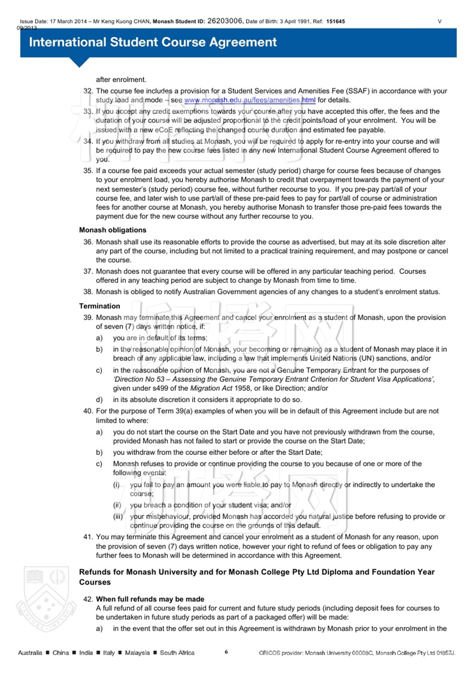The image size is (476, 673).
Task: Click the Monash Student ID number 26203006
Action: pos(224,21)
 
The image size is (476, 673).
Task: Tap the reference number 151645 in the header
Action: pos(335,21)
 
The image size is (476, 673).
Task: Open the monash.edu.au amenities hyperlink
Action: pos(250,100)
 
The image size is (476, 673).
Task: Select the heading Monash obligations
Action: pos(113,230)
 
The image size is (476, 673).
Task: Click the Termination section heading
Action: pos(100,306)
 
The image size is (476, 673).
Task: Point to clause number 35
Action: pos(88,171)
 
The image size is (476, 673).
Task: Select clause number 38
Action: pos(88,292)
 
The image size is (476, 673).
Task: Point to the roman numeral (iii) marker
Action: pos(118,517)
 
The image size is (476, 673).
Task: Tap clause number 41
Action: pos(88,537)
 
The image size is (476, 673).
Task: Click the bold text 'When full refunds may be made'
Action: pos(150,599)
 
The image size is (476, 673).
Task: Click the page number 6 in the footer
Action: pos(226,652)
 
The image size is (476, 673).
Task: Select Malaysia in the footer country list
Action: pos(137,653)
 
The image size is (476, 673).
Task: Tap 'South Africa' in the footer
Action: pos(177,653)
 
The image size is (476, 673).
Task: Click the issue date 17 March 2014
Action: pos(68,22)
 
